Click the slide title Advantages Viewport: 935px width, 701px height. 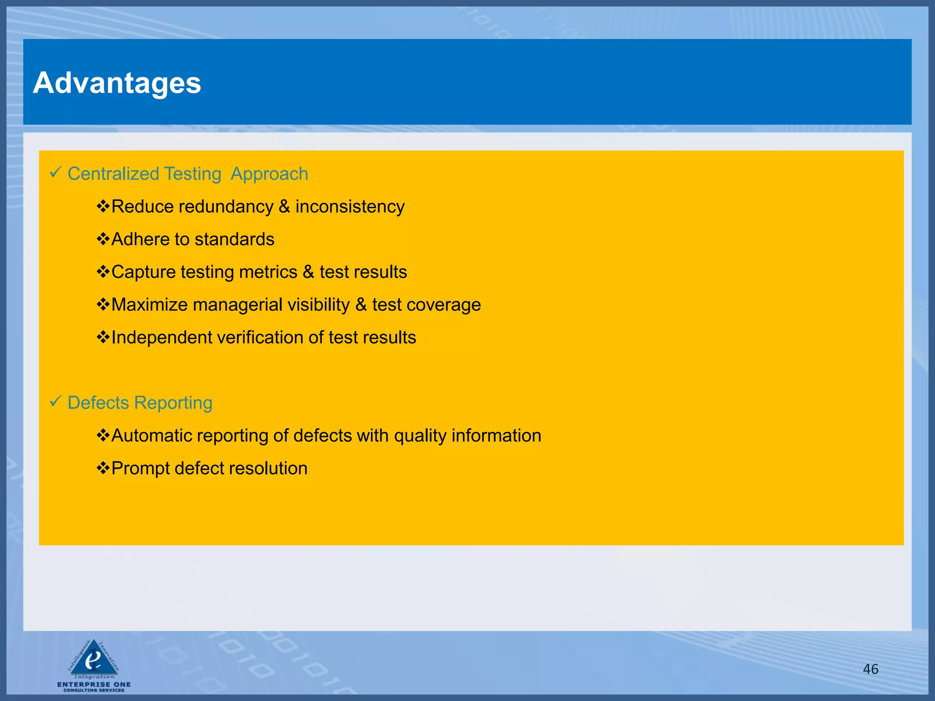coord(117,83)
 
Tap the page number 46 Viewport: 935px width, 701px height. coord(870,669)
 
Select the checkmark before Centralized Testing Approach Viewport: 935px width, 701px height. coord(55,173)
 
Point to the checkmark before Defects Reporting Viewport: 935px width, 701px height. coord(55,402)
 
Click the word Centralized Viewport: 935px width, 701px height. coord(113,174)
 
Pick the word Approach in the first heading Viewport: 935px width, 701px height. coord(269,174)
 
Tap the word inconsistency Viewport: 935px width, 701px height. coord(350,207)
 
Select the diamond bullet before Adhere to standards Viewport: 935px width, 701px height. coord(103,239)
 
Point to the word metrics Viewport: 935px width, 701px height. coord(268,272)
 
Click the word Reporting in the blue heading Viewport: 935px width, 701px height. coord(173,403)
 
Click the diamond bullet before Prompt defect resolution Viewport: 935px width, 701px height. coord(103,468)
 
